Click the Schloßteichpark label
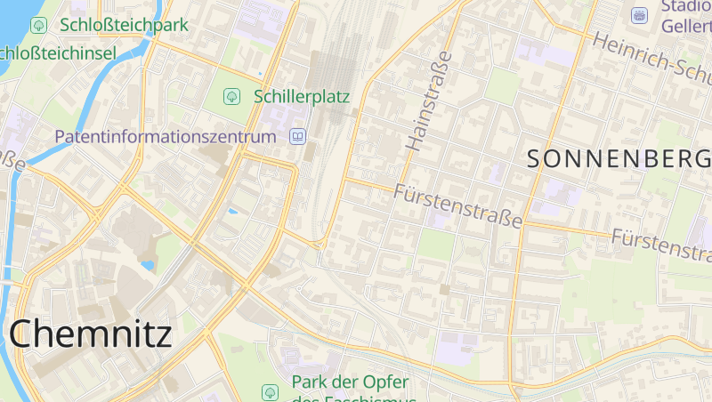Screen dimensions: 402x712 124,25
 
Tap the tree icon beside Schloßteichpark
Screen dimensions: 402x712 38,25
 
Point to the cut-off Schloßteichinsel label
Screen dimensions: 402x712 58,54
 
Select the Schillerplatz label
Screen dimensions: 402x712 302,96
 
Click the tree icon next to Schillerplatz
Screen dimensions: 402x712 231,95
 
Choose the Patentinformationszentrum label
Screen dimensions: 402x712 166,137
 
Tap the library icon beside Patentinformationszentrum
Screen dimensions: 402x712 297,137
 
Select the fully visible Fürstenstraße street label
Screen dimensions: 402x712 457,205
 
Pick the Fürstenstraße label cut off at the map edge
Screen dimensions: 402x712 661,245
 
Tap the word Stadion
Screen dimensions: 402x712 686,7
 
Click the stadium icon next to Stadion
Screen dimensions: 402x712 639,15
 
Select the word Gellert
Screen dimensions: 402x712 686,27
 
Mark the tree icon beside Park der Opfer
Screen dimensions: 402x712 270,391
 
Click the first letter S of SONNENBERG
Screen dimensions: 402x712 536,159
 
